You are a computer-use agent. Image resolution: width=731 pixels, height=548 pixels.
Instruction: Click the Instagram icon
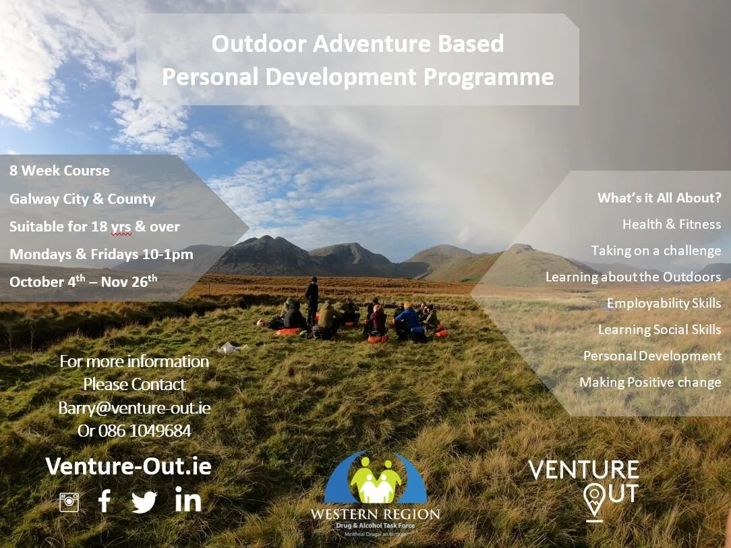(69, 502)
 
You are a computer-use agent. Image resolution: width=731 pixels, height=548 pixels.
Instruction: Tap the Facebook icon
(105, 501)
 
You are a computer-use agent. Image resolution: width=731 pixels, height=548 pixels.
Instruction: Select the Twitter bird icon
(144, 501)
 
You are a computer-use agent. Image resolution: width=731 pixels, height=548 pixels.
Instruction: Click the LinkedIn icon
(188, 500)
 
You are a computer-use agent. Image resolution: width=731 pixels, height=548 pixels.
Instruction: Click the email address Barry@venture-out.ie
(134, 408)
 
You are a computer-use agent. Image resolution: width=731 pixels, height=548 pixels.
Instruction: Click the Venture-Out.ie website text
(128, 466)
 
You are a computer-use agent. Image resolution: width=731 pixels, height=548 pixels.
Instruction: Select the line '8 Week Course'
(59, 171)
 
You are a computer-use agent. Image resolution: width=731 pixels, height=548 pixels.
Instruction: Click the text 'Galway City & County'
(82, 199)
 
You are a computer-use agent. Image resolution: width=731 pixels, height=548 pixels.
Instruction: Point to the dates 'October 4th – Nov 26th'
(83, 281)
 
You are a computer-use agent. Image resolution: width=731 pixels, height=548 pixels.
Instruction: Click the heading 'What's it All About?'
(659, 198)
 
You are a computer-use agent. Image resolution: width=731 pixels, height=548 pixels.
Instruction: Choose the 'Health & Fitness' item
(671, 224)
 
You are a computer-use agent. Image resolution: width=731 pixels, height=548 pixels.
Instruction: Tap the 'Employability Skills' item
(664, 304)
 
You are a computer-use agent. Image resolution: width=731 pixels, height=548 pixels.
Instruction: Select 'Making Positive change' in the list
(650, 383)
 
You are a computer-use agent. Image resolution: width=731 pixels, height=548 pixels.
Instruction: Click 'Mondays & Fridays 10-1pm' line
(101, 254)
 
